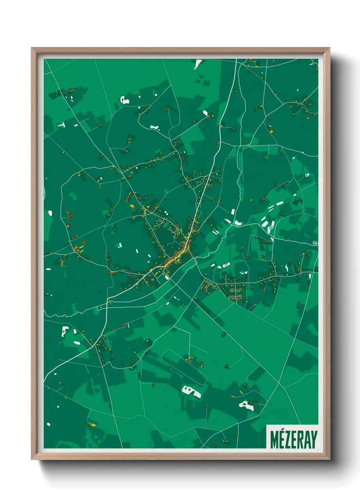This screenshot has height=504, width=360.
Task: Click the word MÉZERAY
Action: [294, 439]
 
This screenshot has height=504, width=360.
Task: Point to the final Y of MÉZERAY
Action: [314, 440]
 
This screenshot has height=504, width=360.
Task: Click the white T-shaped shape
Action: [61, 125]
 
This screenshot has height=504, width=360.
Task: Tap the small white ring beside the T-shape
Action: [76, 125]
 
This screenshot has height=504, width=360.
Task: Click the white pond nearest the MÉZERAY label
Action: [247, 405]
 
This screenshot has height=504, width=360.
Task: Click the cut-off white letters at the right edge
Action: [315, 243]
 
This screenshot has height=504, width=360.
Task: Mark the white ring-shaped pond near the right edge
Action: [307, 175]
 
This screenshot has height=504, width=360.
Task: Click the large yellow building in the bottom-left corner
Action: [92, 424]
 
